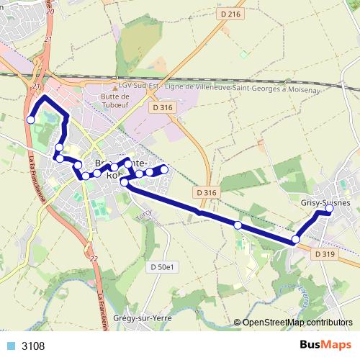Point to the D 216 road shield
pyautogui.click(x=230, y=14)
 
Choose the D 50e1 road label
pyautogui.click(x=163, y=267)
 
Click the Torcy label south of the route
pyautogui.click(x=144, y=213)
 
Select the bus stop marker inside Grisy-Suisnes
pyautogui.click(x=329, y=209)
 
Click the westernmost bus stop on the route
pyautogui.click(x=30, y=120)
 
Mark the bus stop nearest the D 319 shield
pyautogui.click(x=296, y=239)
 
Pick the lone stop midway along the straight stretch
pyautogui.click(x=238, y=225)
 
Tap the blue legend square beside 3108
pyautogui.click(x=11, y=346)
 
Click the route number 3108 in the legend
pyautogui.click(x=33, y=346)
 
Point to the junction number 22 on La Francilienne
pyautogui.click(x=93, y=257)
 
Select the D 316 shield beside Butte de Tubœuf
pyautogui.click(x=163, y=107)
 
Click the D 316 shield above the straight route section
pyautogui.click(x=206, y=192)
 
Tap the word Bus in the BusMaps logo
pyautogui.click(x=311, y=346)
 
